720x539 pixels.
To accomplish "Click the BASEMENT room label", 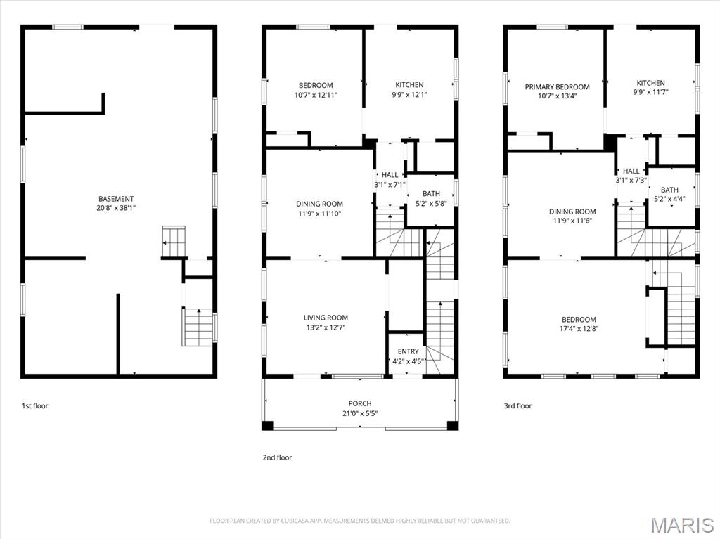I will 116,199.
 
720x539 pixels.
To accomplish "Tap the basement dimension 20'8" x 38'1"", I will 116,208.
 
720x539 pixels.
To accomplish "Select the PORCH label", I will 359,403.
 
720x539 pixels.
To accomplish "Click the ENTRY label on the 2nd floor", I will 408,351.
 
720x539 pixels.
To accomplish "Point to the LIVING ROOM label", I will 326,318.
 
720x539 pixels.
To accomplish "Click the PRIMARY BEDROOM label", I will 557,87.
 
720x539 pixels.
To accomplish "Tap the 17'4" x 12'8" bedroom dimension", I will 579,328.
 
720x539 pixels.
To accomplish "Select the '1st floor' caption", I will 35,405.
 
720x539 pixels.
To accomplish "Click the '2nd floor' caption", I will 277,457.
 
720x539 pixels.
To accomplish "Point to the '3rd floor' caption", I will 518,405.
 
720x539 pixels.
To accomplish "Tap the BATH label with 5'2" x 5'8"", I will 431,194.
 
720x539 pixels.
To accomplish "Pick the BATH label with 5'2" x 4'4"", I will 669,190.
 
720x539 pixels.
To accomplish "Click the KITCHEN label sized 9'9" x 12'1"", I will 409,85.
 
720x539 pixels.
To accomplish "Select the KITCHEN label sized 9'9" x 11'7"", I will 650,83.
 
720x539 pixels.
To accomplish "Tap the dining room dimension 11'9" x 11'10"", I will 319,214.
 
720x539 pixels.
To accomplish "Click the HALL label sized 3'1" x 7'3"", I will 631,171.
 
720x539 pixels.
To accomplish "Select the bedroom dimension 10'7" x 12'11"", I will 316,95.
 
